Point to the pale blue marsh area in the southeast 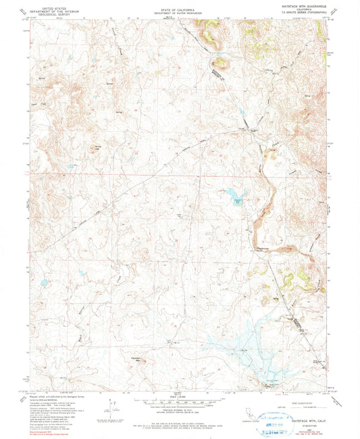pyautogui.click(x=243, y=344)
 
